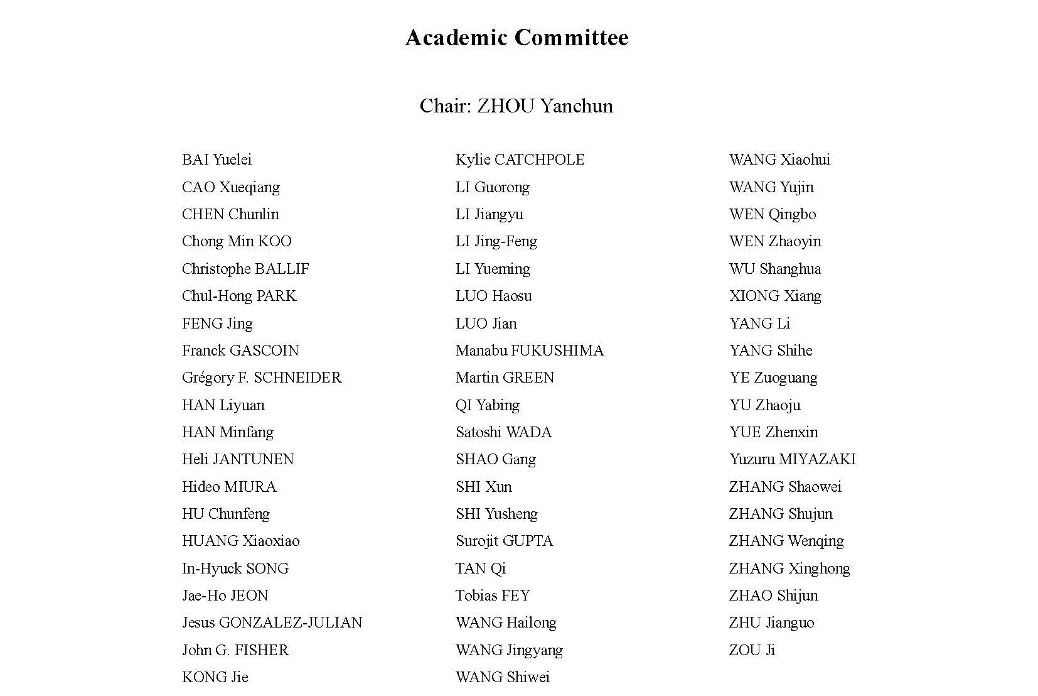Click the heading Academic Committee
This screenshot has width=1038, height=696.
tap(516, 38)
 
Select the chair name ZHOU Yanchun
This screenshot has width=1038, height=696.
tap(545, 106)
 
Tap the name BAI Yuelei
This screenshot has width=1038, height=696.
tap(217, 160)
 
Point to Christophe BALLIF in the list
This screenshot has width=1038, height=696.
tap(245, 269)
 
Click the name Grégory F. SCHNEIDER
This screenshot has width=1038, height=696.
tap(262, 378)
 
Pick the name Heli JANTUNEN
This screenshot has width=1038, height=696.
tap(238, 459)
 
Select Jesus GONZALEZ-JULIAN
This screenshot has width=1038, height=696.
tap(272, 623)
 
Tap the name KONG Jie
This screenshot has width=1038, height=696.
tap(215, 677)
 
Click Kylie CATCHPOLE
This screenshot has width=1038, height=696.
tap(520, 160)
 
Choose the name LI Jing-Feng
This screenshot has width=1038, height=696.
tap(496, 241)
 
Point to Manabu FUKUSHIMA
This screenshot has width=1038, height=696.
tap(530, 351)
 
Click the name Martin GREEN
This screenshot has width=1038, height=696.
tap(505, 378)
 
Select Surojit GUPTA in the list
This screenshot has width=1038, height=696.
tap(504, 541)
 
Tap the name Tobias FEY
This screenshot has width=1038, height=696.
tap(493, 595)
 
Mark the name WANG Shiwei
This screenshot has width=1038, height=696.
tap(503, 677)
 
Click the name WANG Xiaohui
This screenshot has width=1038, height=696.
tap(779, 160)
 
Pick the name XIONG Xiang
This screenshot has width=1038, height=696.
tap(775, 296)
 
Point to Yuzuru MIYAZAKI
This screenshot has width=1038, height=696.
tap(792, 459)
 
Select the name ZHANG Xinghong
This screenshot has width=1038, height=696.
tap(789, 568)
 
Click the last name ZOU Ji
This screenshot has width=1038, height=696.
tap(752, 650)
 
